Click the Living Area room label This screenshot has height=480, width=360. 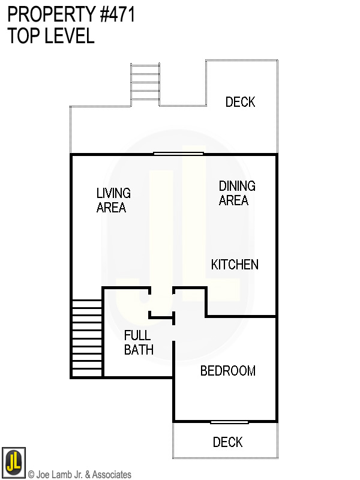point(113,200)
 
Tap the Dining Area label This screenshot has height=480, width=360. point(236,193)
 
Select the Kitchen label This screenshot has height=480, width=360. point(235,265)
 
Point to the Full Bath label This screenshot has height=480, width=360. point(139,342)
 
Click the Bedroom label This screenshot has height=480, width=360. point(227,371)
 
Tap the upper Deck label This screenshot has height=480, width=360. point(240,102)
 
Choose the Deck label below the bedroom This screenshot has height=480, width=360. point(227,442)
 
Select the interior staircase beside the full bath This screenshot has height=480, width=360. point(86,339)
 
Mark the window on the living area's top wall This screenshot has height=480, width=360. point(178,154)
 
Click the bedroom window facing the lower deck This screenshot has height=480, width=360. point(229,422)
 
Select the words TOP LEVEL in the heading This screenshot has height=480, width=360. point(51,36)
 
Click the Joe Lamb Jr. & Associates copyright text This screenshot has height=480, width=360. point(80,475)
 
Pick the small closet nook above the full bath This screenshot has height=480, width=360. point(161,303)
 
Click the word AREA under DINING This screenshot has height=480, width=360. point(233,200)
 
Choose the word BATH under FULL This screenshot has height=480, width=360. point(139,349)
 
